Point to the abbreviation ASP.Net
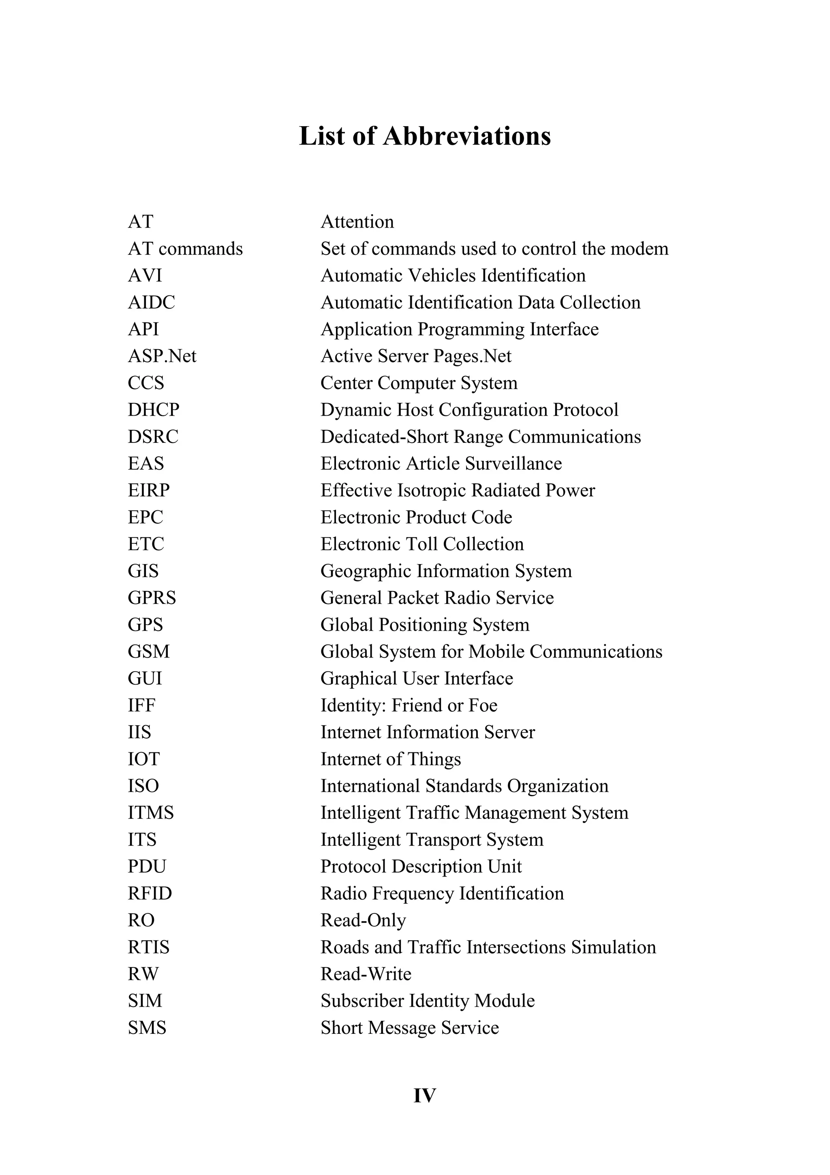[162, 356]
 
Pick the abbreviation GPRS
[152, 598]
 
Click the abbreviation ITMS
[150, 813]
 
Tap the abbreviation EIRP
[148, 490]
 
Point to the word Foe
[483, 705]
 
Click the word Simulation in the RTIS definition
[613, 947]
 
